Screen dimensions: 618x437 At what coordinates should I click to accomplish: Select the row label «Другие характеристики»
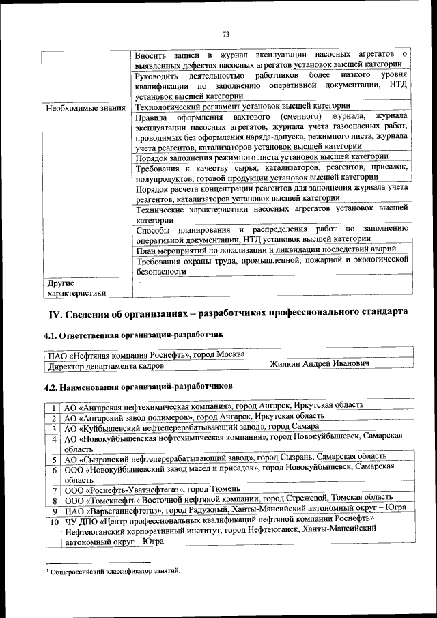pos(75,288)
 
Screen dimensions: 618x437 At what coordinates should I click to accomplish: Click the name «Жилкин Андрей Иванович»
pos(320,365)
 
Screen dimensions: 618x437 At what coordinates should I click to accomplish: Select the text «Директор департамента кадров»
pos(106,366)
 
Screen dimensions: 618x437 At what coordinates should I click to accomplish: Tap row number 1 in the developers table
pos(53,406)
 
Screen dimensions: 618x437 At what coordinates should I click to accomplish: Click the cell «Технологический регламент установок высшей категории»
pos(243,106)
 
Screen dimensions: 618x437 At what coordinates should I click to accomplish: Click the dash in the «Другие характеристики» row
pos(140,281)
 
